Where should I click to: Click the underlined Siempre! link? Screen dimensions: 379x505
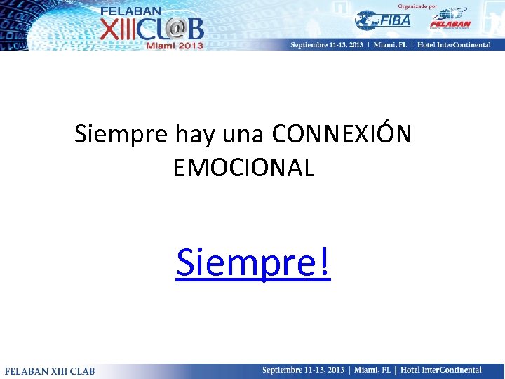252,262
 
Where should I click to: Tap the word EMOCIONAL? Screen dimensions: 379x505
243,168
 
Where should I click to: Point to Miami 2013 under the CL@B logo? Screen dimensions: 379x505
173,46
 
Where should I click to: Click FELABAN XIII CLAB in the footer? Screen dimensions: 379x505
50,371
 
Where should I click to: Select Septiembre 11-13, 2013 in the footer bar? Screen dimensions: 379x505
304,370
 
